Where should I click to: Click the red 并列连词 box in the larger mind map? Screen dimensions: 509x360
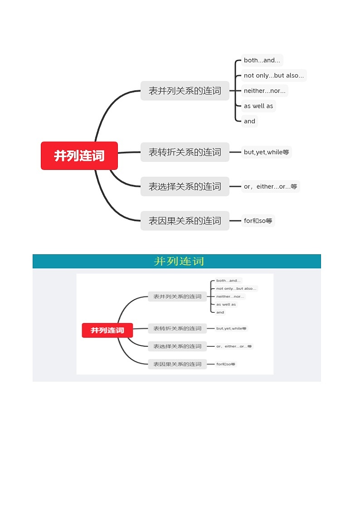point(79,155)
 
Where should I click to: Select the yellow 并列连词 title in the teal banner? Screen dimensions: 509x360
point(179,261)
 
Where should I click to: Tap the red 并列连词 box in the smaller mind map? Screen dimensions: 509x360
point(107,330)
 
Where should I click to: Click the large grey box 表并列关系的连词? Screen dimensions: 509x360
point(185,91)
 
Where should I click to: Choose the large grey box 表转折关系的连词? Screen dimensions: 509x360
point(185,152)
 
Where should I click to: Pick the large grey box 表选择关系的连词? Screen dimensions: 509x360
point(185,186)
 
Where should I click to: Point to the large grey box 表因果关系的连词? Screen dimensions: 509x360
point(185,221)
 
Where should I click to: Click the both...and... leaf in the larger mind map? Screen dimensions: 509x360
point(262,60)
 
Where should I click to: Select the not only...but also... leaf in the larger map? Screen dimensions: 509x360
point(274,76)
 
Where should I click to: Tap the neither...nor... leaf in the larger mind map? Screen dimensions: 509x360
point(265,91)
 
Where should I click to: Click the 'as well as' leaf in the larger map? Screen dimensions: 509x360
point(258,106)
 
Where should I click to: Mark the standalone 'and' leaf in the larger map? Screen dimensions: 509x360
point(249,121)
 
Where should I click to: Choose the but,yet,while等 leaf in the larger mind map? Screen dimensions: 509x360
point(266,152)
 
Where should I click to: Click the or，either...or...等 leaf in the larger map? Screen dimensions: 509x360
point(270,186)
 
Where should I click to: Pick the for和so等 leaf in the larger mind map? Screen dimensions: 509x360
point(258,221)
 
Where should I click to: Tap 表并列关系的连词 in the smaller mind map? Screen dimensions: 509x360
point(177,296)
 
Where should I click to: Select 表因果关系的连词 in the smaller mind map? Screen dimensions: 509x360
point(177,364)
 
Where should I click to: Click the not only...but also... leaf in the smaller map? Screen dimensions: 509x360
point(236,288)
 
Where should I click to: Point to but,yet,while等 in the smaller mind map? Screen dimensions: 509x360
point(231,328)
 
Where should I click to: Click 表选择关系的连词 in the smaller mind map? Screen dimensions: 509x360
point(177,346)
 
